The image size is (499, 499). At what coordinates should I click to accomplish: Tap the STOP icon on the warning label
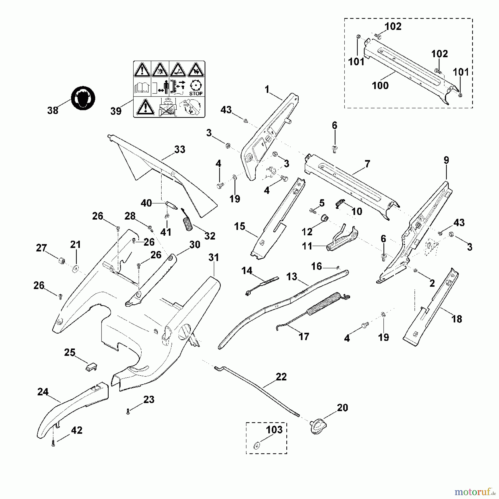point(196,87)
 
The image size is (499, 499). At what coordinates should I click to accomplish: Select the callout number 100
point(380,85)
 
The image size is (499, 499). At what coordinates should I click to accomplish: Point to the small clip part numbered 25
point(91,368)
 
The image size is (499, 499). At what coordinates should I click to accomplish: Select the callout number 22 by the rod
point(281,377)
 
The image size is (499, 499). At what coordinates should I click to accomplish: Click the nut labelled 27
point(62,261)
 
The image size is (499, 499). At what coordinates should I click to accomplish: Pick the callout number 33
point(180,149)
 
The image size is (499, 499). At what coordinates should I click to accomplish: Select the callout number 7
point(367,164)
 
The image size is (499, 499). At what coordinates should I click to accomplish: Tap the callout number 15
point(240,226)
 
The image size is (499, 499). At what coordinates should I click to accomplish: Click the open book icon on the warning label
point(142,87)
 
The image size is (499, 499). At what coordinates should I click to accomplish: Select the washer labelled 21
point(75,268)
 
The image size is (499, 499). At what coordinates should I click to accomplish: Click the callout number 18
point(457,319)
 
